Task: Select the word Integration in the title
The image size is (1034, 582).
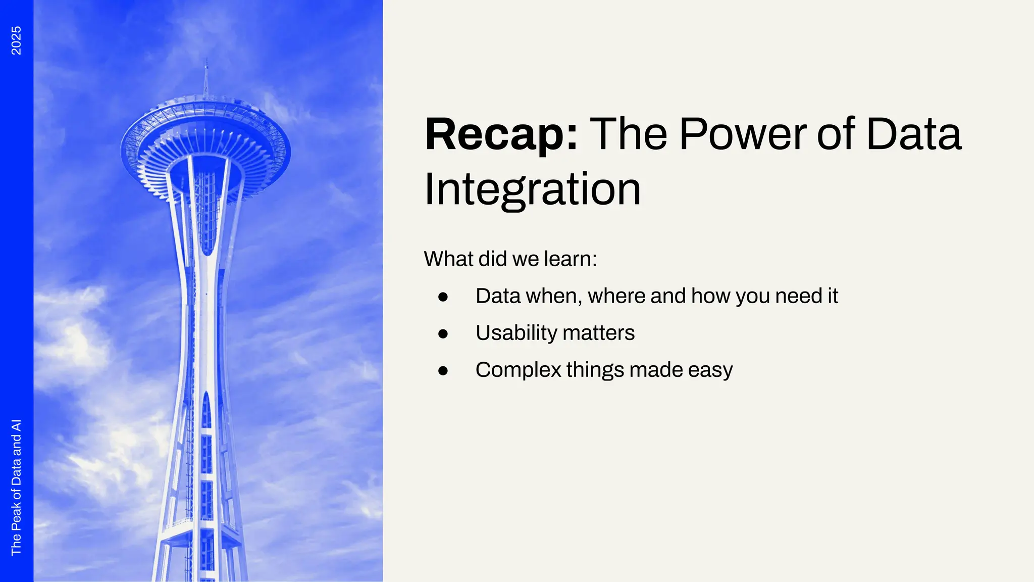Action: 532,189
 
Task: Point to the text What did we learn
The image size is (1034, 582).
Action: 510,259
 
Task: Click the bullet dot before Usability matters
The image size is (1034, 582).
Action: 443,333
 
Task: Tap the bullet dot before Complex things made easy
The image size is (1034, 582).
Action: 443,371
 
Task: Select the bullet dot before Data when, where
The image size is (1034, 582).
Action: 443,297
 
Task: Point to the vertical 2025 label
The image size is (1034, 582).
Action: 16,40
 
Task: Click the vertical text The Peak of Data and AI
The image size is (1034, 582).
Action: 16,487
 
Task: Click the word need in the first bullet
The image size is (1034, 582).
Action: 798,297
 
